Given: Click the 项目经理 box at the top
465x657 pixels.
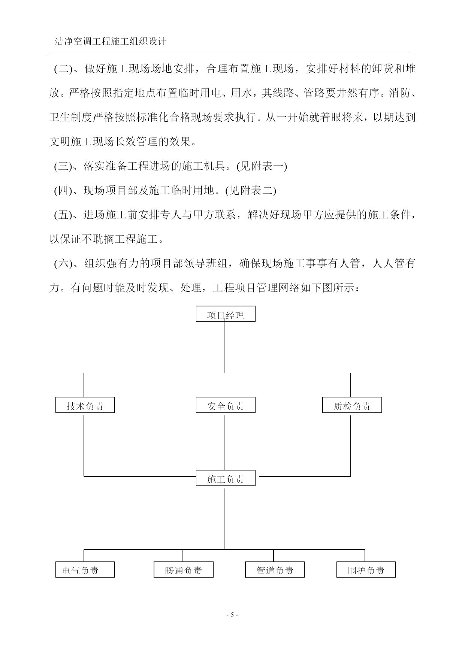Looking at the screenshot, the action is [x=226, y=314].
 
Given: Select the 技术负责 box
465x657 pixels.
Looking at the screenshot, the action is [x=85, y=405].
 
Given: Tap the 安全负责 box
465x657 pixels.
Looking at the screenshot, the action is [x=226, y=405].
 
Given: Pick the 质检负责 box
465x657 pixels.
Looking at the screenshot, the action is [x=352, y=405].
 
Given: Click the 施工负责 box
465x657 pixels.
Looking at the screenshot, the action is [x=226, y=478].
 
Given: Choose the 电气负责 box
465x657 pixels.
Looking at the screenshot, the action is [x=85, y=570].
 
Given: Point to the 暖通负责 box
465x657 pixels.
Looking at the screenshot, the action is [x=184, y=570].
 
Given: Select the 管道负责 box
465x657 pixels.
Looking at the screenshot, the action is [x=275, y=570].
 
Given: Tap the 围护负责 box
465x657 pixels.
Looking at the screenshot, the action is [x=366, y=570].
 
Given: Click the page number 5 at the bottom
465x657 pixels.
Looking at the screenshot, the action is [x=232, y=615].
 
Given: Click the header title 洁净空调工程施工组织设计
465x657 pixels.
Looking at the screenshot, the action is [x=111, y=42].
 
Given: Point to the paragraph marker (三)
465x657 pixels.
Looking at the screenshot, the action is [x=63, y=166].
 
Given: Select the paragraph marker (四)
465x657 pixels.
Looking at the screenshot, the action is [x=63, y=191].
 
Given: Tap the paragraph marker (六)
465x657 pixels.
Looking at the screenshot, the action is [x=63, y=264].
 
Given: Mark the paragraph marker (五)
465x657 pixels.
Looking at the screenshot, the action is [x=63, y=215].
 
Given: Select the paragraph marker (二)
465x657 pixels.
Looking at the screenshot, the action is [x=63, y=69].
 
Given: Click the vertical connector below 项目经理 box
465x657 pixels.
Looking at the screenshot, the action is [x=224, y=347].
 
